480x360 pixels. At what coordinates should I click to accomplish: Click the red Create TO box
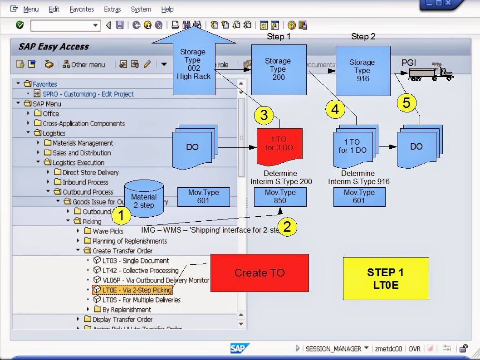(260, 272)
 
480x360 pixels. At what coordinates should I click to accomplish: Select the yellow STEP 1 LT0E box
(386, 278)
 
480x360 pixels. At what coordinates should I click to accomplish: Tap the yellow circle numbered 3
(264, 115)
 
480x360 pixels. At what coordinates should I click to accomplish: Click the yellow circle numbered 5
(407, 103)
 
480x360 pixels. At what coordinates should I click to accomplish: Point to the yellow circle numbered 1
(121, 216)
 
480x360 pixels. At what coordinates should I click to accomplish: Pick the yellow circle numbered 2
(287, 226)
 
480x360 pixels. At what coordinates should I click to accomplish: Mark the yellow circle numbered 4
(335, 109)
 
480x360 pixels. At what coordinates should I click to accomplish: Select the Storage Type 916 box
(362, 70)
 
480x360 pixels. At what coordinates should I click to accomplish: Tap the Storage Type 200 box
(279, 69)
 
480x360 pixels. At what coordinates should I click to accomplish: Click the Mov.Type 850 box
(280, 197)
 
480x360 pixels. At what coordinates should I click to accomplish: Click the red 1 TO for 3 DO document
(279, 146)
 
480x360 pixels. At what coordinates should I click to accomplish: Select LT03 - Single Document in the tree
(135, 261)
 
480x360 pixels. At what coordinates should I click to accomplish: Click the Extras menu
(113, 9)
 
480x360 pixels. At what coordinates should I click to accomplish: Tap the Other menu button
(84, 64)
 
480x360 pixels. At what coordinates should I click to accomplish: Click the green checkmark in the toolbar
(20, 25)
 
